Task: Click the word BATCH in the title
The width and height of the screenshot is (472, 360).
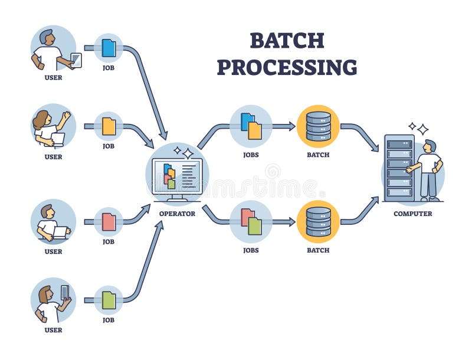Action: [x=287, y=40]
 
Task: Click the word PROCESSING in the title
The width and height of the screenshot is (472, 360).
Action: [x=287, y=67]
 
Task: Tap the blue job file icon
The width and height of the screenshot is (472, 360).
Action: [x=109, y=48]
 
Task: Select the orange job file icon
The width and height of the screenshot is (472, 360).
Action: [x=109, y=126]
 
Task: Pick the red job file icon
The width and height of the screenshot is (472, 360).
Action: [x=109, y=222]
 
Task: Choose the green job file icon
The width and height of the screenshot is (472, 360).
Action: [x=109, y=300]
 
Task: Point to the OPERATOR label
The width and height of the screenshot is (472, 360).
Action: [x=177, y=214]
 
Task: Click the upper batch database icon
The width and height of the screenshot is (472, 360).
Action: [x=318, y=126]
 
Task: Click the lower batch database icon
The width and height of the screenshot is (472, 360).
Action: [x=318, y=221]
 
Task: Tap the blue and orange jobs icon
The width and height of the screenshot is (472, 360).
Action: [x=251, y=126]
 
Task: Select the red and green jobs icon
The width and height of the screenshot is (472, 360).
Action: [x=251, y=221]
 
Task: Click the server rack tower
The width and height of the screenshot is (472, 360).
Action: [x=399, y=168]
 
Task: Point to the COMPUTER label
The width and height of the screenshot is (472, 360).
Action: [x=412, y=214]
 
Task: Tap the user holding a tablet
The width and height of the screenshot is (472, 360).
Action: [x=53, y=50]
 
